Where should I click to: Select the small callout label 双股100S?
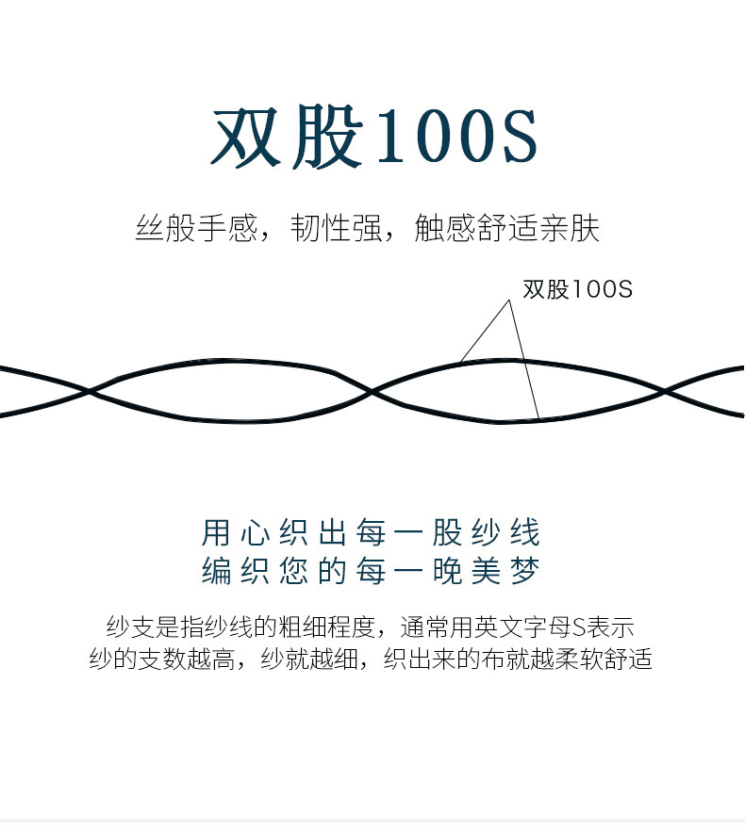click(577, 289)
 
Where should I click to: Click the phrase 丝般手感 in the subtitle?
click(194, 229)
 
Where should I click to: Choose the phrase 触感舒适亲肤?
click(507, 229)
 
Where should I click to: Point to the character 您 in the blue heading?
click(294, 571)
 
